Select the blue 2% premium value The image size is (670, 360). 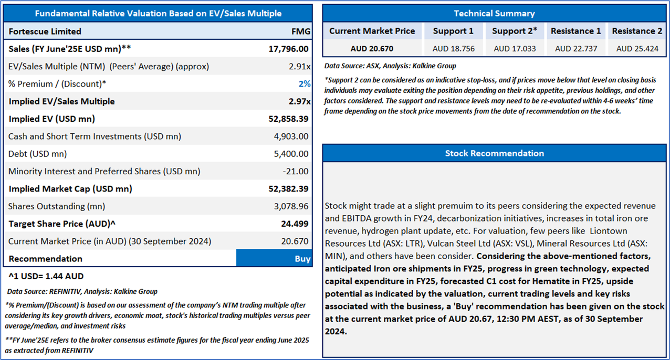click(305, 84)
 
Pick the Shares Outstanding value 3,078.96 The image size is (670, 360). click(291, 206)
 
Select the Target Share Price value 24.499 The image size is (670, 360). click(294, 224)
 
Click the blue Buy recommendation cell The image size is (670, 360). click(274, 259)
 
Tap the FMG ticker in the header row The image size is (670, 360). click(301, 31)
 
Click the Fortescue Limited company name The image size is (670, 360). click(45, 31)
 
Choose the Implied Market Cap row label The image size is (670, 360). click(70, 189)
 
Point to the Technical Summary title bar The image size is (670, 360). click(494, 14)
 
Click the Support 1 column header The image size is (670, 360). click(453, 31)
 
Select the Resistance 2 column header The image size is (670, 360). click(637, 31)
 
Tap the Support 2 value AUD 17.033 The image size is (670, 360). click(515, 49)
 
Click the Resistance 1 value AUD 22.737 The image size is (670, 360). click(576, 49)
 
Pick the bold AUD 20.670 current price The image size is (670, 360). click(372, 49)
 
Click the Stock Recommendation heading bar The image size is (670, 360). click(494, 153)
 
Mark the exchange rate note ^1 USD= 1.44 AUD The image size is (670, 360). click(46, 276)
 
